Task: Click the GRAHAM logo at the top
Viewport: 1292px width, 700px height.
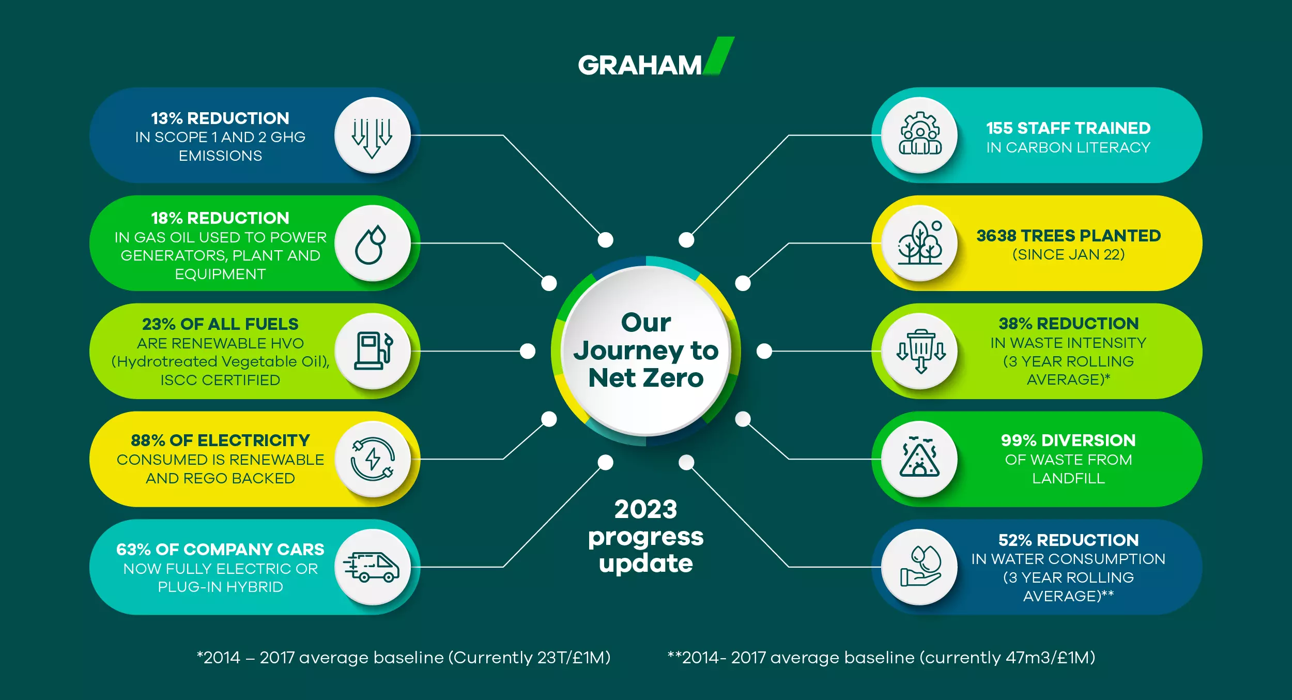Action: coord(656,58)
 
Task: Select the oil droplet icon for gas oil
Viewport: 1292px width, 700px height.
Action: coord(371,244)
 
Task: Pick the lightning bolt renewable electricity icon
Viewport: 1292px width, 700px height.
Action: coord(373,459)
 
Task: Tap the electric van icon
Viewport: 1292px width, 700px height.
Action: coord(372,567)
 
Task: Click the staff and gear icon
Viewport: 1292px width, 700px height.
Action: coord(920,133)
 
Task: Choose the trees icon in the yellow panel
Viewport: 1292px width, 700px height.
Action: coord(920,242)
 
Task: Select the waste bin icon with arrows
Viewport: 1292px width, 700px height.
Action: coord(921,351)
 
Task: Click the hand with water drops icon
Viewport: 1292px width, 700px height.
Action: coord(920,566)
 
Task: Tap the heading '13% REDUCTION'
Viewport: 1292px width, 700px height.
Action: coord(220,118)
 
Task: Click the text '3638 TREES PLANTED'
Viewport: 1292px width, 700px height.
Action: coord(1068,236)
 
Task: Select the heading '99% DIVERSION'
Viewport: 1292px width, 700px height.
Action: coord(1068,440)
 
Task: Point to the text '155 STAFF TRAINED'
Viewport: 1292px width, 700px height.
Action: coord(1068,128)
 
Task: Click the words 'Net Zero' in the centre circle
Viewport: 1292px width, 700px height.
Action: coord(646,378)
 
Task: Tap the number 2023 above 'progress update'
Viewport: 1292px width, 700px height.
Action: coord(646,509)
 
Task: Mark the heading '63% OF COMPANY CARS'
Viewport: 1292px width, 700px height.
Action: coord(220,550)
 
